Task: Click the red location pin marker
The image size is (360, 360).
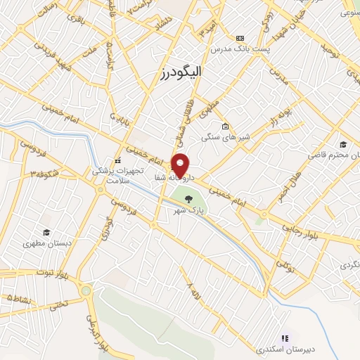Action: (x=181, y=165)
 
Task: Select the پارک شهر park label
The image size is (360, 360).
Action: (x=188, y=210)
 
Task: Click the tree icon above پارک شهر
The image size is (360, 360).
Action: (x=188, y=199)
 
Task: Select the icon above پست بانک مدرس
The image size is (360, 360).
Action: (x=241, y=37)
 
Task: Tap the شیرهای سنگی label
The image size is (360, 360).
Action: (x=224, y=138)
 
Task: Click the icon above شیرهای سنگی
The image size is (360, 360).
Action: (x=224, y=127)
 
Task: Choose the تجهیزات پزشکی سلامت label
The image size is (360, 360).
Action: (x=119, y=175)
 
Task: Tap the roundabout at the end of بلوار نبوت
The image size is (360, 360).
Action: (x=86, y=289)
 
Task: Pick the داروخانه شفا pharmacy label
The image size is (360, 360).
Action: (x=170, y=179)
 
